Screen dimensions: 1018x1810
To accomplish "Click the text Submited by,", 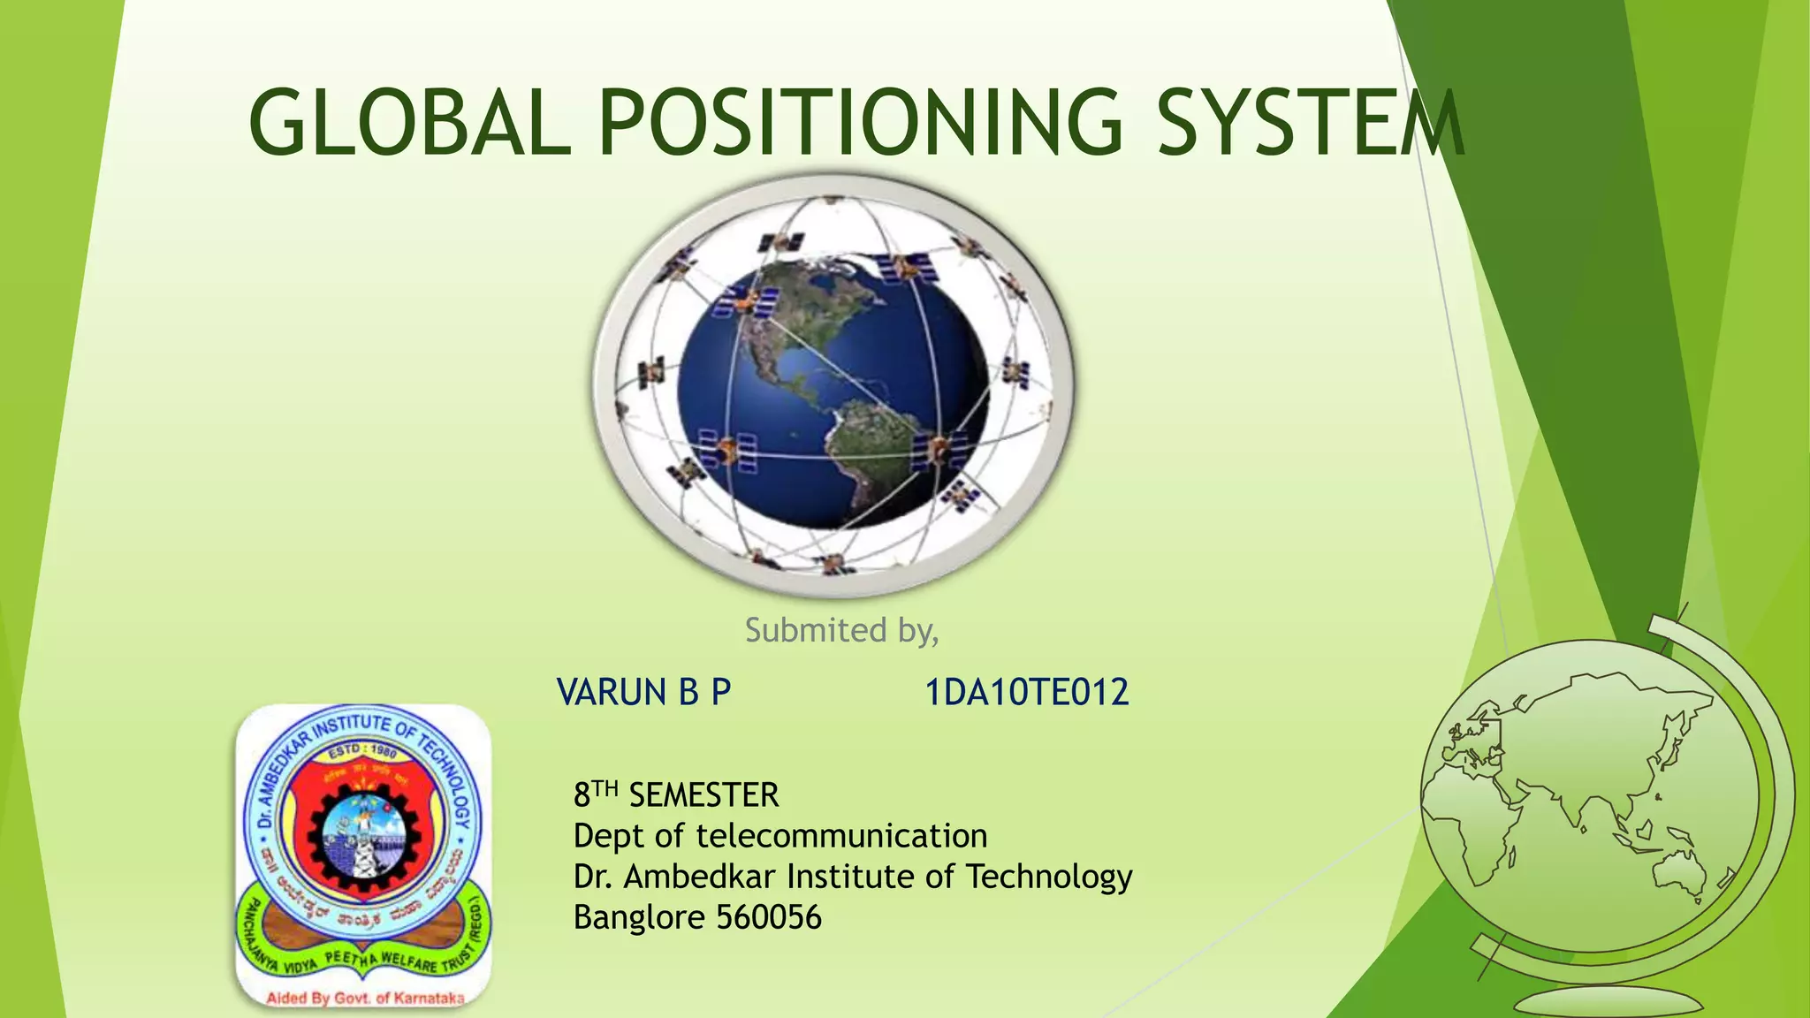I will (x=841, y=630).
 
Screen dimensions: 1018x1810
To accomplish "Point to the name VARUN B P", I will (x=643, y=692).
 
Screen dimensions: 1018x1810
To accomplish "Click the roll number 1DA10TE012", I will (x=1026, y=692).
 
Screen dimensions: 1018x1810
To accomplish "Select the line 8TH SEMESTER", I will (x=676, y=795).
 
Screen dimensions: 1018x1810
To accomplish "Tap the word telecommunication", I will (x=841, y=836).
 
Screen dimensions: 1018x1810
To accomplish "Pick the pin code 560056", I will (x=769, y=917).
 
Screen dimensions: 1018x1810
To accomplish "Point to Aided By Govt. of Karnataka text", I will (x=365, y=999).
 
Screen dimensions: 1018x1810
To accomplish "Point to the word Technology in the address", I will (x=1049, y=877).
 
